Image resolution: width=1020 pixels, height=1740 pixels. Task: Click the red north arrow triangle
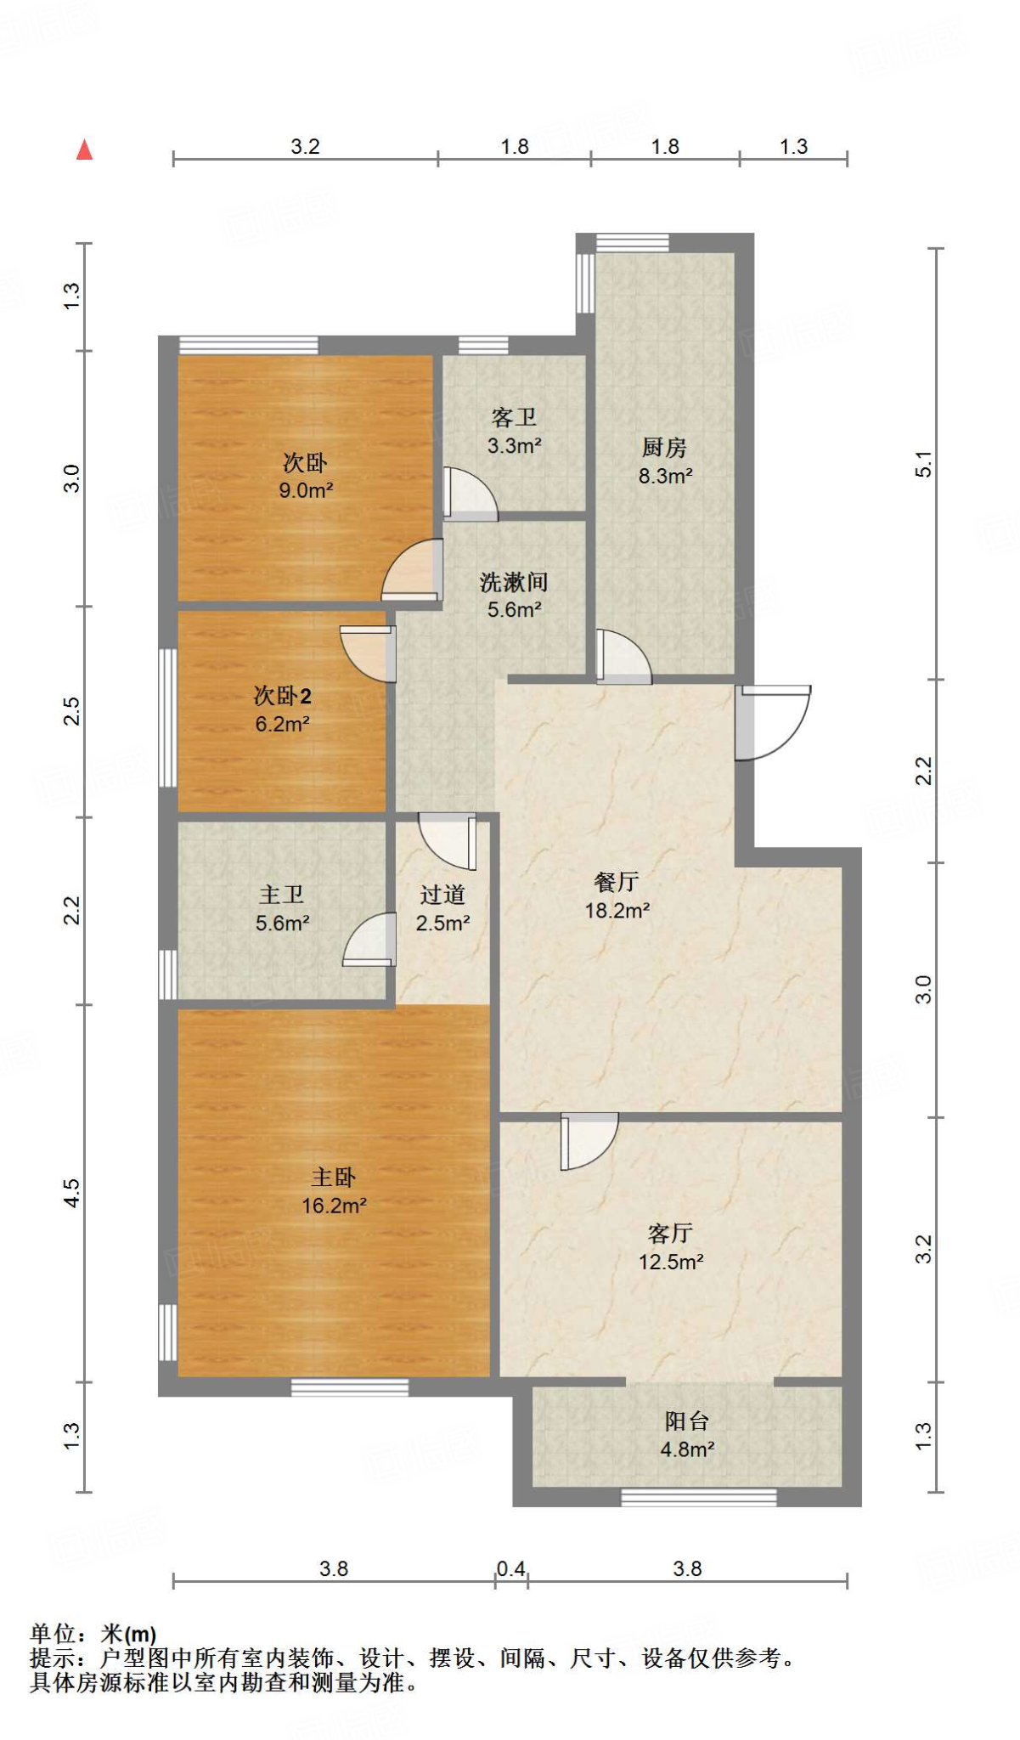click(84, 150)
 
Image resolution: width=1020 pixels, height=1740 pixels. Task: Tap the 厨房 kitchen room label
click(664, 448)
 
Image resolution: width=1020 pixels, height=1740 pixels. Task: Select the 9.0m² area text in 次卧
click(306, 490)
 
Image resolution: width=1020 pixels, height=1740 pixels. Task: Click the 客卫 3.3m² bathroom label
click(514, 431)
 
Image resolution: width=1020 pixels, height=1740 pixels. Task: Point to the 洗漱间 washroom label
click(514, 583)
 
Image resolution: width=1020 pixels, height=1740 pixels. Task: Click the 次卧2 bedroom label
click(282, 697)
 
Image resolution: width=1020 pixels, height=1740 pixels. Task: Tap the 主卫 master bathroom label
click(282, 895)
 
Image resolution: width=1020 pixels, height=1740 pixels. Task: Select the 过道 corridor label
click(442, 895)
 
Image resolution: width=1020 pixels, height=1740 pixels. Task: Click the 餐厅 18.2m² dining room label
click(617, 896)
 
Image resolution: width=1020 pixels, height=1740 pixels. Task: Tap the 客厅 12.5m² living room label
click(671, 1247)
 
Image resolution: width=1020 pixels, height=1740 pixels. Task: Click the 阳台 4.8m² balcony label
click(687, 1434)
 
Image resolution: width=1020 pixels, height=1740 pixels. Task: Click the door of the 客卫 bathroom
click(470, 494)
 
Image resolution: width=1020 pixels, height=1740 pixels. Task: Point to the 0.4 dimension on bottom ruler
click(510, 1568)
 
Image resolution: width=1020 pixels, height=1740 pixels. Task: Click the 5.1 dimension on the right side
click(923, 464)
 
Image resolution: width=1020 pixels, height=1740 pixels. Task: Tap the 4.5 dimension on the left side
click(72, 1192)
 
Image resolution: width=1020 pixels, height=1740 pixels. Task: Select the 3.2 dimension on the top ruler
click(305, 146)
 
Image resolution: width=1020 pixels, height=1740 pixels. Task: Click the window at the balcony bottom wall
click(698, 1497)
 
